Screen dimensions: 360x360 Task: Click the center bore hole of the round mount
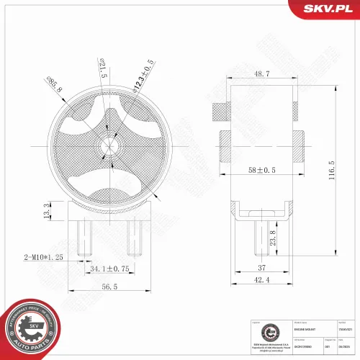coord(106,144)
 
